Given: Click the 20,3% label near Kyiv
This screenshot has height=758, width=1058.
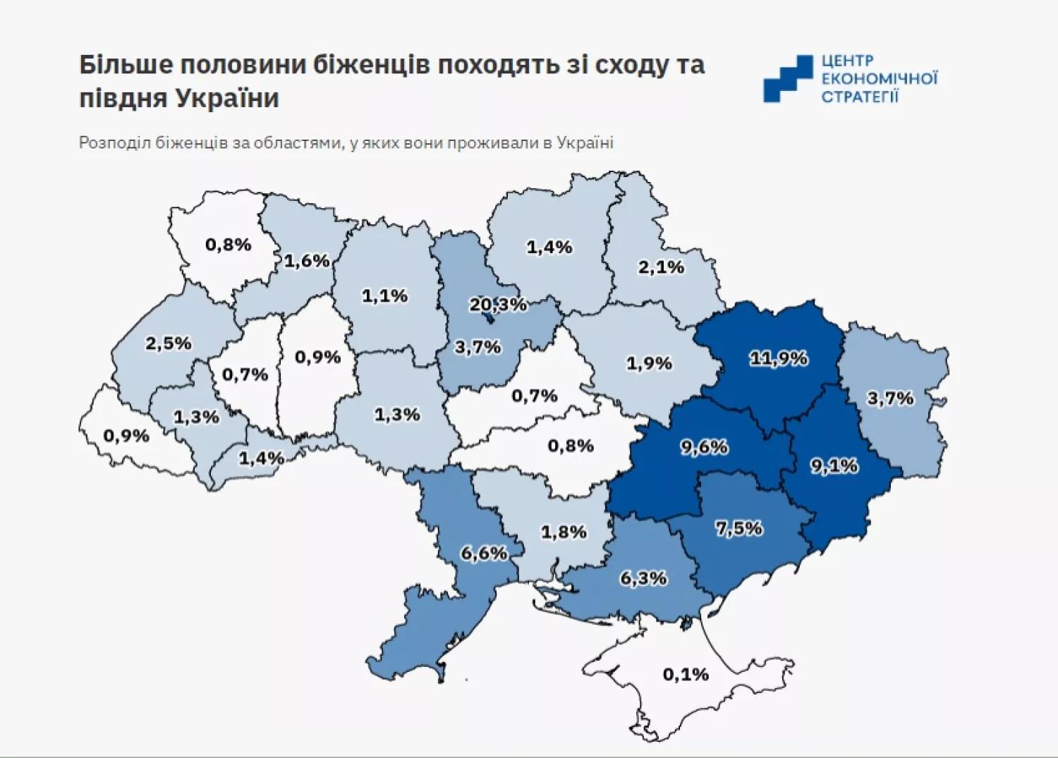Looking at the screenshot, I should coord(498,305).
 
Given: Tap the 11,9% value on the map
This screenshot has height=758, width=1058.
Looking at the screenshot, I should coord(778,358).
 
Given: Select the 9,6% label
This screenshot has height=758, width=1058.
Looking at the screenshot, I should coord(704,447).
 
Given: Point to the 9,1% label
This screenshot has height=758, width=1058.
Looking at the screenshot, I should coord(834,465).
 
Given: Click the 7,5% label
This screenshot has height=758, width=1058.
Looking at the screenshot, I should coord(739,528).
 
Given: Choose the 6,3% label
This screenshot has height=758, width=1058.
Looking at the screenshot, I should coord(643,578).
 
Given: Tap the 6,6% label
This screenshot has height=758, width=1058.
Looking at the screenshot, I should coord(484,554).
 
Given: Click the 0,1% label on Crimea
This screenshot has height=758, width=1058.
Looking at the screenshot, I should coord(686,675).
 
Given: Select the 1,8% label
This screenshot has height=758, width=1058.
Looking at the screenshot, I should coord(564,532).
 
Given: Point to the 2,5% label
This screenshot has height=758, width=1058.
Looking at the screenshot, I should coord(169,343).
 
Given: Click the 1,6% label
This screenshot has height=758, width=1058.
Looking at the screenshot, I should coord(307,261).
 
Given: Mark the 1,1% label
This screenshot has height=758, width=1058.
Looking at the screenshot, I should coord(385,296).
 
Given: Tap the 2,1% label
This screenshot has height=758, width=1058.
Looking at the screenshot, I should coord(661,267).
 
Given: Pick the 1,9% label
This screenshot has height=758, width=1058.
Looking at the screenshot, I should coord(649,363).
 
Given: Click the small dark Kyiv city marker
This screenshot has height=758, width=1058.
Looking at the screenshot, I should coord(487,318).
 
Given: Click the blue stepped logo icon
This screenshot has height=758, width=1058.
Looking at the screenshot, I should coord(787,79).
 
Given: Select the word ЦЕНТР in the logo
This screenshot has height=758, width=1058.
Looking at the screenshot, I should coord(847,61).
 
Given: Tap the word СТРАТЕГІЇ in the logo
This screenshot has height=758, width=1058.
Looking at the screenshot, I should coord(860,97).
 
